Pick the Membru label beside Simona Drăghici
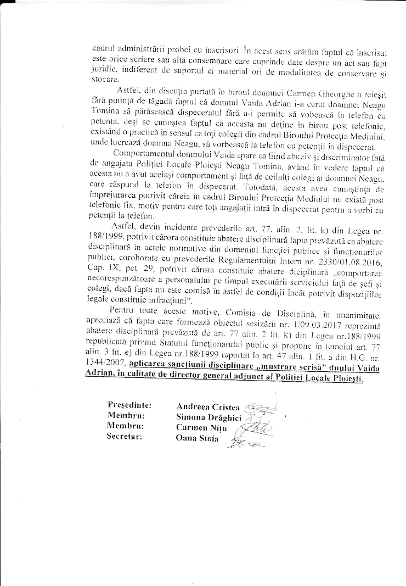(x=126, y=416)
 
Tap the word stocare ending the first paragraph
(x=104, y=79)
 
